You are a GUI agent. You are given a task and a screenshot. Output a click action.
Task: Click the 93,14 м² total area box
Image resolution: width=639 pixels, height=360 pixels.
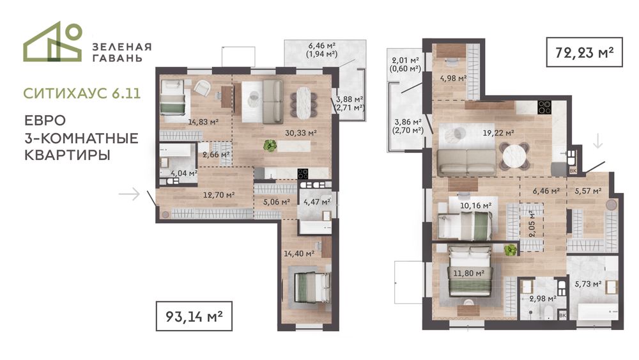[194, 316]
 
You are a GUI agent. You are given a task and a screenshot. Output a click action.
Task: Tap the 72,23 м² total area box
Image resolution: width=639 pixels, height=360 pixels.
[585, 52]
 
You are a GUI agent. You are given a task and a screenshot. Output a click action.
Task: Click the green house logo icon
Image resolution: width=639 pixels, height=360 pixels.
[53, 42]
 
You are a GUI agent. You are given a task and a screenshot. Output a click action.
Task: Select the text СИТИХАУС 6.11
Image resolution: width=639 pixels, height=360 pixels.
[82, 93]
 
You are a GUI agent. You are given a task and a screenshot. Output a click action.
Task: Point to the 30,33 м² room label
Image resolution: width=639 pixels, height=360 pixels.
[301, 132]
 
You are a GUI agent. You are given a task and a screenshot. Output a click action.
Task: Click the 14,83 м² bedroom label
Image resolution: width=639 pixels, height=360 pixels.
[203, 121]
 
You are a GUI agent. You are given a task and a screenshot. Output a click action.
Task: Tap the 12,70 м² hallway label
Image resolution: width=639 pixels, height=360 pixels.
[219, 195]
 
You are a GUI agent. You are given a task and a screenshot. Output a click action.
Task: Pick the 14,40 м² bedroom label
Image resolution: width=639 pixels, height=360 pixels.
[299, 254]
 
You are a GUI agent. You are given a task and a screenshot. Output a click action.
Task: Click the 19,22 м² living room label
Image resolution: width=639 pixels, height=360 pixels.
[498, 133]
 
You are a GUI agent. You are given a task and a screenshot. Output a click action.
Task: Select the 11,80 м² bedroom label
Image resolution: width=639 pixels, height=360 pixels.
[468, 273]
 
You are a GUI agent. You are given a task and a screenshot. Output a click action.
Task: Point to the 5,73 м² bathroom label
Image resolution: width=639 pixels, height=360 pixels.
[589, 284]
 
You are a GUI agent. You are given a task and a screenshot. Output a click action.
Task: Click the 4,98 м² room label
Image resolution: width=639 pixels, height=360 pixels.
[453, 78]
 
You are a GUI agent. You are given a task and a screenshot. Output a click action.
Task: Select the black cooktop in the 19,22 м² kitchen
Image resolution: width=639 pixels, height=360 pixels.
[544, 107]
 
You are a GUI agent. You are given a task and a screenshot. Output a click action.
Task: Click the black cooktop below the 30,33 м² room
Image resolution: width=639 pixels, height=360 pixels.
[303, 174]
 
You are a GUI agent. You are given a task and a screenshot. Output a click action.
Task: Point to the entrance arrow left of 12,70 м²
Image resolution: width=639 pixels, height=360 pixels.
[130, 194]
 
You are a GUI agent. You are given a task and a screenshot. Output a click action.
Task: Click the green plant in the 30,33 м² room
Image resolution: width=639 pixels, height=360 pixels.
[270, 145]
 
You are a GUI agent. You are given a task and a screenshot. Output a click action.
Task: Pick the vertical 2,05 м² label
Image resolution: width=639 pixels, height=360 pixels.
[531, 224]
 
